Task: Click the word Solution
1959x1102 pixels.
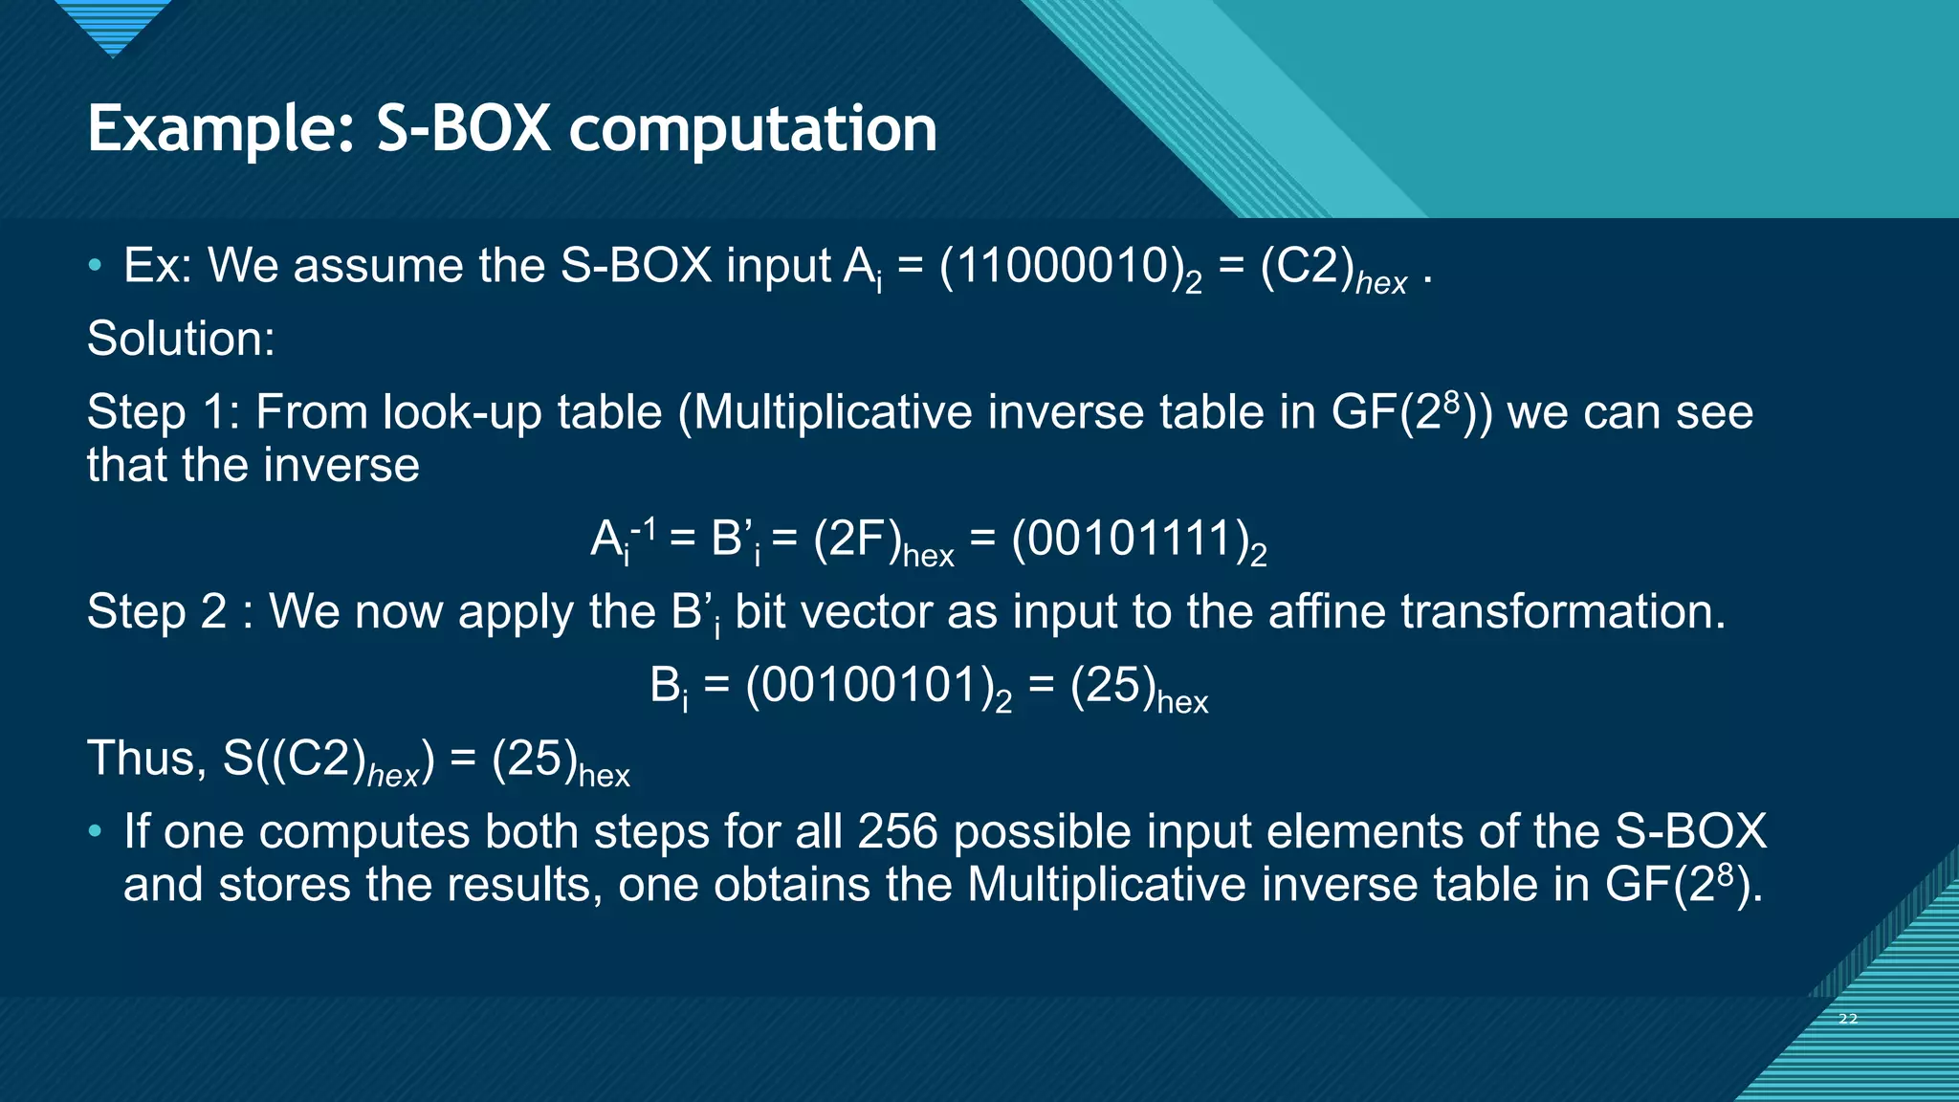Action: click(181, 339)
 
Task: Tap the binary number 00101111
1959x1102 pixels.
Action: click(1130, 539)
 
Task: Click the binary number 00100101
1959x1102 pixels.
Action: click(869, 686)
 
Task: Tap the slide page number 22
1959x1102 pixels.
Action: click(1848, 1019)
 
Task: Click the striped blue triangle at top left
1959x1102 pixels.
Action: click(112, 25)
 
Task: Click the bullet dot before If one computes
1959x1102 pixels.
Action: click(94, 831)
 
